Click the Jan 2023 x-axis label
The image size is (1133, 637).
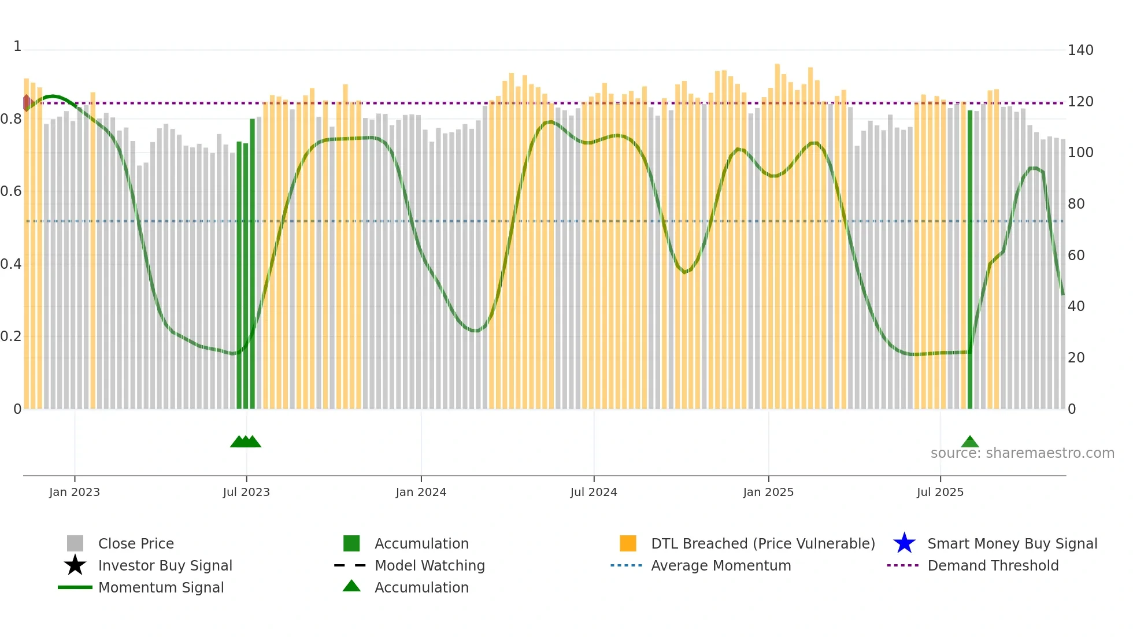(75, 492)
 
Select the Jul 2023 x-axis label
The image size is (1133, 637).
(246, 492)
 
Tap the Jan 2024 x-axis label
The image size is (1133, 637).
(421, 492)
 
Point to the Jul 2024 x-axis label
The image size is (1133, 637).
(594, 492)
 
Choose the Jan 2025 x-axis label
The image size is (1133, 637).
(768, 492)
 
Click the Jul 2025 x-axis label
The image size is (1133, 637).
(940, 492)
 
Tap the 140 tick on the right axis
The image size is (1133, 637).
(1080, 50)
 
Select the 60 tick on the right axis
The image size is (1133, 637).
(1076, 255)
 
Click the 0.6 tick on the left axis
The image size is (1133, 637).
(11, 191)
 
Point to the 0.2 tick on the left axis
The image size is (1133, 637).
(11, 336)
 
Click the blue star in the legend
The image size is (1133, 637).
(904, 543)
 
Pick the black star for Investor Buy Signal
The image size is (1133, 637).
(75, 565)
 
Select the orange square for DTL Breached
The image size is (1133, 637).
(628, 543)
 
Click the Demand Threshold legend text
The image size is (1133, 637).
(993, 565)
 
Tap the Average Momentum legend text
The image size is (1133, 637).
(721, 565)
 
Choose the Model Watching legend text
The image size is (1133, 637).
(429, 565)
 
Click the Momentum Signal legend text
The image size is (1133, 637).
(161, 587)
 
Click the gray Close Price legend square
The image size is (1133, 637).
(75, 543)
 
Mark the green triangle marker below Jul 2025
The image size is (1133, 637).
(970, 442)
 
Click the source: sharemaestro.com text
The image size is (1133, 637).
(1022, 453)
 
